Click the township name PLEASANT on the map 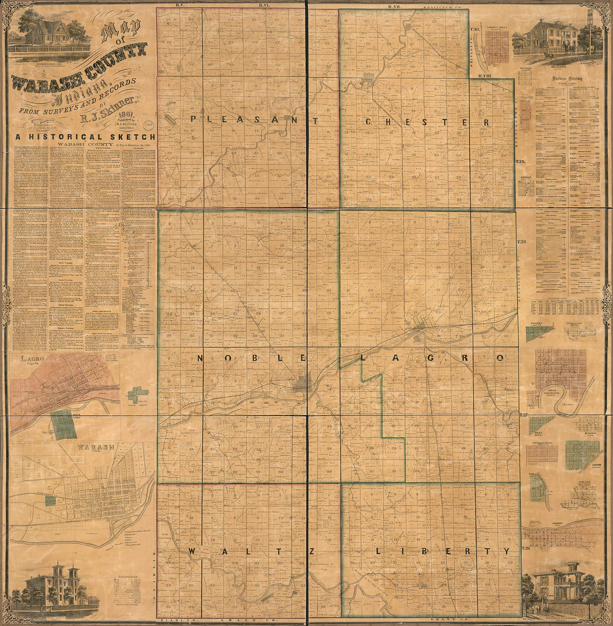tap(255, 119)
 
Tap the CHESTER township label tap(427, 122)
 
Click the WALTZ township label tap(252, 551)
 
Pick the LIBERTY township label tap(442, 551)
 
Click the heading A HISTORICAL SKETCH tap(84, 136)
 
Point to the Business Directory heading tap(567, 79)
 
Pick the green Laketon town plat tap(583, 454)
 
